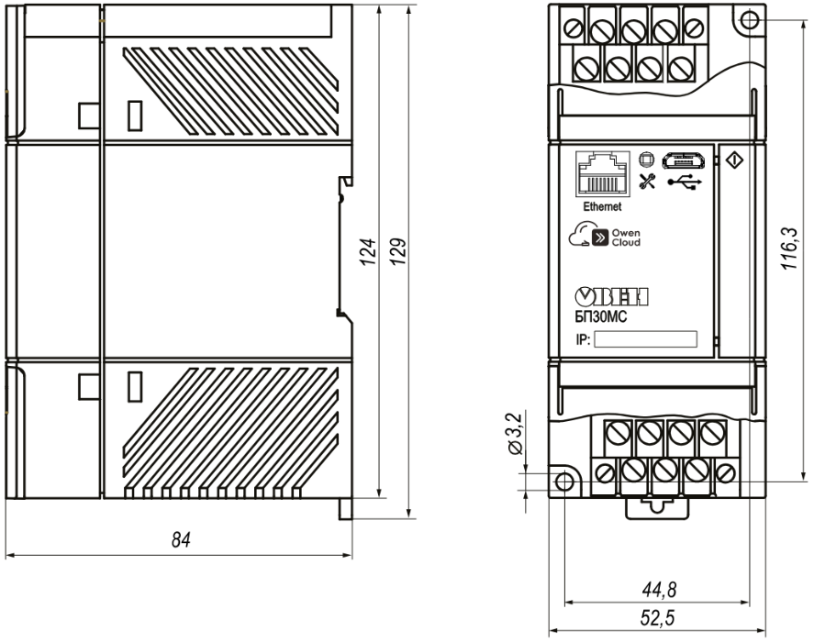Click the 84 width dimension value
coord(181,540)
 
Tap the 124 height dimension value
coord(368,252)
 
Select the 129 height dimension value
coord(398,252)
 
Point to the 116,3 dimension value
coord(789,248)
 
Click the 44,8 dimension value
coord(659,590)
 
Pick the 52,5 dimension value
coord(657,618)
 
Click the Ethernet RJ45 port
coord(603,174)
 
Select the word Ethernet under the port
coord(602,206)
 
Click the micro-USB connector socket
coord(683,160)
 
